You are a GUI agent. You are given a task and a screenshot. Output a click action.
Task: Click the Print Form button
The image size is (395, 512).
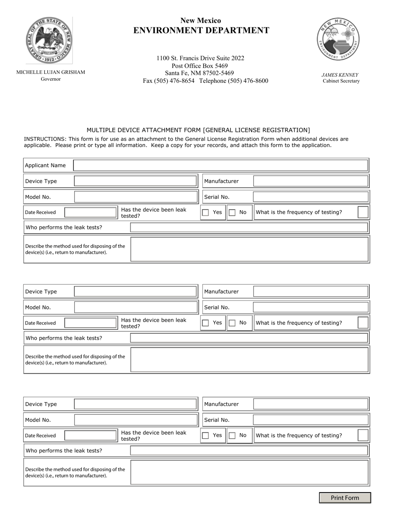pos(345,498)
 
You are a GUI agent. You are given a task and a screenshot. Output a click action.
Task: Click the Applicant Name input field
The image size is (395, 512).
pos(220,165)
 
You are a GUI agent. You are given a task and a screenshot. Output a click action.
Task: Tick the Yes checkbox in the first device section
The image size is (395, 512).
pos(205,212)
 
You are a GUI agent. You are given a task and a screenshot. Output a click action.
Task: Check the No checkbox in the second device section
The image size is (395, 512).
pos(232,323)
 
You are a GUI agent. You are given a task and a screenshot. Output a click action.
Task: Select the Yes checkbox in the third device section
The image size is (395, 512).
pos(205,435)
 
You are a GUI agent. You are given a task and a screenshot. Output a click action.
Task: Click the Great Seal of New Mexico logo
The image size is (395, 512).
pos(49,40)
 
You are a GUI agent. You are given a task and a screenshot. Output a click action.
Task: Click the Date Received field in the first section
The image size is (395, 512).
pos(91,212)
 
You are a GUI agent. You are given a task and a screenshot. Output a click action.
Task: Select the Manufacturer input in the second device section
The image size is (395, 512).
pos(311,291)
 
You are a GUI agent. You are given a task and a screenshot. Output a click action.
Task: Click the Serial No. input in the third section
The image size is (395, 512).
pos(311,420)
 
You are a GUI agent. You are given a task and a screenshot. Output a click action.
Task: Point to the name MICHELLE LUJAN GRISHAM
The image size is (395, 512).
pos(51,72)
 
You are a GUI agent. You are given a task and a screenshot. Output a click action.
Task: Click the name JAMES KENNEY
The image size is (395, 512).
pos(340,75)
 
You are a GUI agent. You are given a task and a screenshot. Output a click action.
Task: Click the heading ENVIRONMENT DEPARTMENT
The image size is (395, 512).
pos(201,30)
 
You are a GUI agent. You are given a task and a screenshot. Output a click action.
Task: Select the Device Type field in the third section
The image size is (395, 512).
pos(135,404)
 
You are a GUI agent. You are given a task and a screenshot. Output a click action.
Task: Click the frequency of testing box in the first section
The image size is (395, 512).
pos(363,212)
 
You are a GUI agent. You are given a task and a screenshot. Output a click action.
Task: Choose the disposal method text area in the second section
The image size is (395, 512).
pos(249,360)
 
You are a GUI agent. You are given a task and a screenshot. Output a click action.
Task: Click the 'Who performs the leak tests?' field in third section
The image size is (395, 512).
pos(249,450)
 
